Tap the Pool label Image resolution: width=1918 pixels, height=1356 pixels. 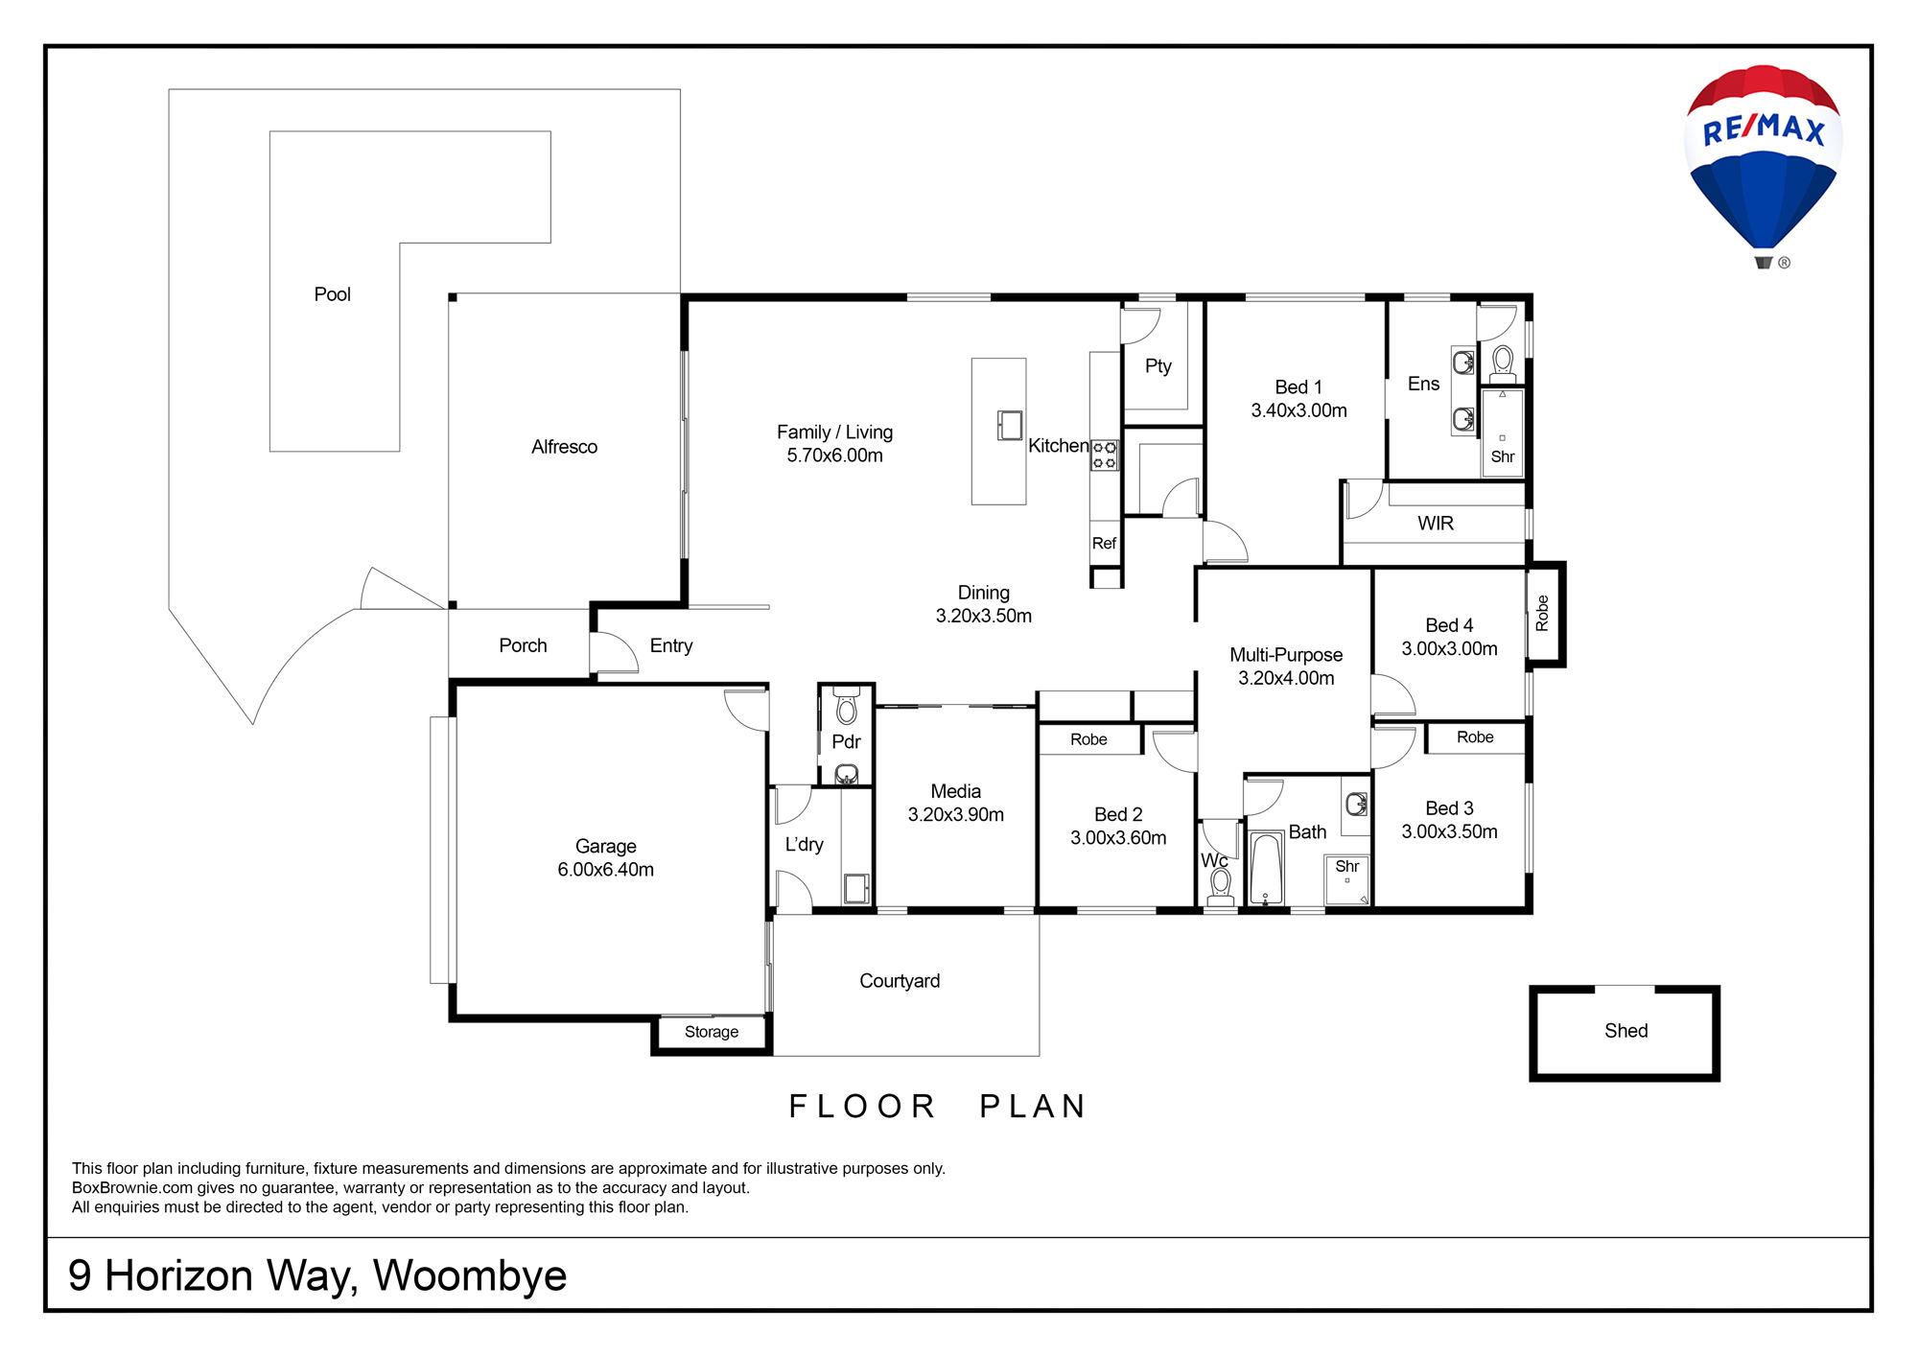coord(333,294)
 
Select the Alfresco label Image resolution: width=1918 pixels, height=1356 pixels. coord(564,447)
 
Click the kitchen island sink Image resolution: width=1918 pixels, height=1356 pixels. coord(1010,425)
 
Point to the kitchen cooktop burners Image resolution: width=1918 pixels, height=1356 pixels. coord(1104,456)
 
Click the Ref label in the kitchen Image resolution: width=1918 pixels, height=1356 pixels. coord(1104,544)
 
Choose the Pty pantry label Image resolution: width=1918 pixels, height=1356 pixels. coord(1158,366)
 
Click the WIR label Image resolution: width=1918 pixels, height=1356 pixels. coord(1436,524)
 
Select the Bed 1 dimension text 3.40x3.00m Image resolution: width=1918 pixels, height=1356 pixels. coord(1298,410)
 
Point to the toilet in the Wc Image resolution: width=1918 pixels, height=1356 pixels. coord(1220,885)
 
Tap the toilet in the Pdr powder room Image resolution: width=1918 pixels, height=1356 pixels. coord(846,707)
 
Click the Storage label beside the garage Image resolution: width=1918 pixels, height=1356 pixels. coord(712,1032)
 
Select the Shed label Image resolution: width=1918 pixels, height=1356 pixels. coord(1626,1031)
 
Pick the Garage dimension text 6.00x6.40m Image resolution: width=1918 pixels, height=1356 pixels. coord(605,870)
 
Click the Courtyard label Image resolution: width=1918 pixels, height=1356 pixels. coord(900,981)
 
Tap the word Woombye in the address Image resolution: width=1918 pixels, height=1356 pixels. coord(470,1276)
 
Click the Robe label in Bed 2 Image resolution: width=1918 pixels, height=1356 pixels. coord(1088,739)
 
